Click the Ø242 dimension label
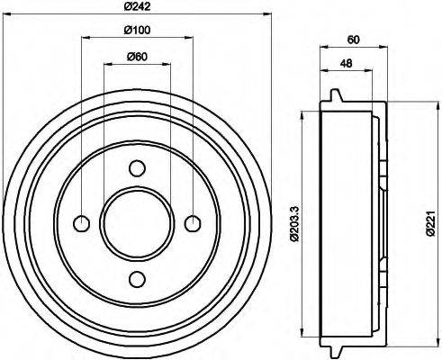137,6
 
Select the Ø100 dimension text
137,31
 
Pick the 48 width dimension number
346,63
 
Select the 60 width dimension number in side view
353,39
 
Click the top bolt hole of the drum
137,167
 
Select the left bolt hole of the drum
82,223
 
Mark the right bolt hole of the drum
192,223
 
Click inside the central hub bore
137,223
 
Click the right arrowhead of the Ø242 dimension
266,13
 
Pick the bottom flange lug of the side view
337,351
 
